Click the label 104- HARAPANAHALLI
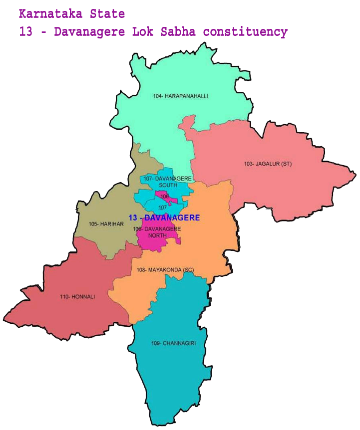tap(180, 95)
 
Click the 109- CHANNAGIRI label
tap(169, 343)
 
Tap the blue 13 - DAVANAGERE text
tap(164, 218)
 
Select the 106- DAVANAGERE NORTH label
tap(157, 231)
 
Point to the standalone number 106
tap(165, 197)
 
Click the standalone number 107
tap(162, 208)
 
